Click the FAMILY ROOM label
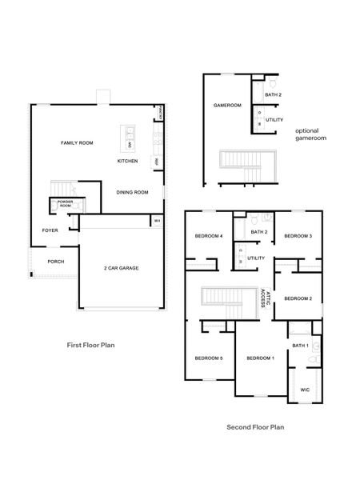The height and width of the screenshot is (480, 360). click(78, 142)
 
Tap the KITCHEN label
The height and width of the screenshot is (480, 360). click(127, 161)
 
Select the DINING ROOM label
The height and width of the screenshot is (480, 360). click(132, 192)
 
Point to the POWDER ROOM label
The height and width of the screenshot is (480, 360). click(65, 205)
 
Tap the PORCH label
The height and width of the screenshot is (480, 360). click(56, 262)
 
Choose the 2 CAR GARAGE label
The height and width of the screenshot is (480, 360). click(122, 268)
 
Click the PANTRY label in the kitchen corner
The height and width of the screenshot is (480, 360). click(162, 113)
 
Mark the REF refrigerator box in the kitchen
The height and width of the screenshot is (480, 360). click(157, 162)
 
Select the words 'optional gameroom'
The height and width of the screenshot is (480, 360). click(307, 134)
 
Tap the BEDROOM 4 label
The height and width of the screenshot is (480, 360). click(209, 236)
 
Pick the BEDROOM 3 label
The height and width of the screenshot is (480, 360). click(298, 236)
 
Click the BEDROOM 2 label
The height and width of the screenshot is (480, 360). click(298, 298)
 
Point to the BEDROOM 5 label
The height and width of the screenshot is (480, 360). click(209, 358)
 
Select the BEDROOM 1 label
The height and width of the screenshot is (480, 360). click(260, 358)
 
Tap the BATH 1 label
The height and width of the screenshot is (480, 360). click(300, 346)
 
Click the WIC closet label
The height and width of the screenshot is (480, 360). click(305, 390)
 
